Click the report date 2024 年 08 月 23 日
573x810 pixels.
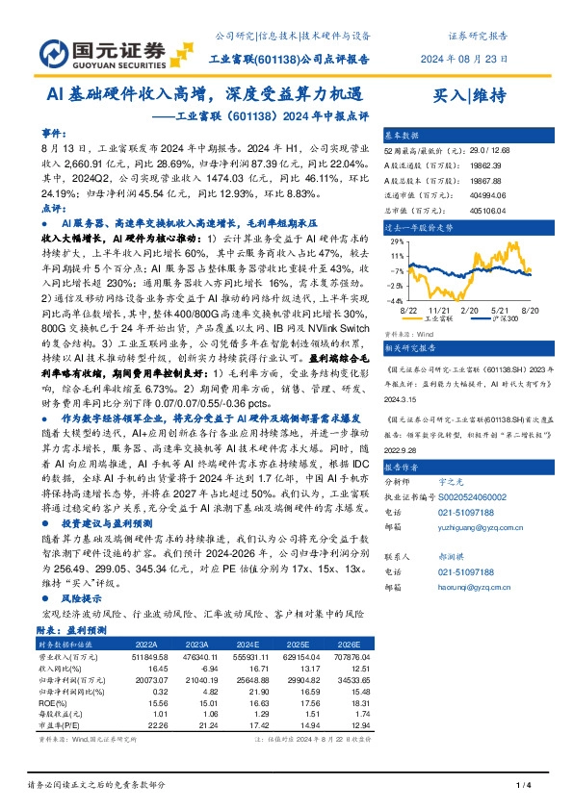pyautogui.click(x=468, y=59)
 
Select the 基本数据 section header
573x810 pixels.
pyautogui.click(x=403, y=137)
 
